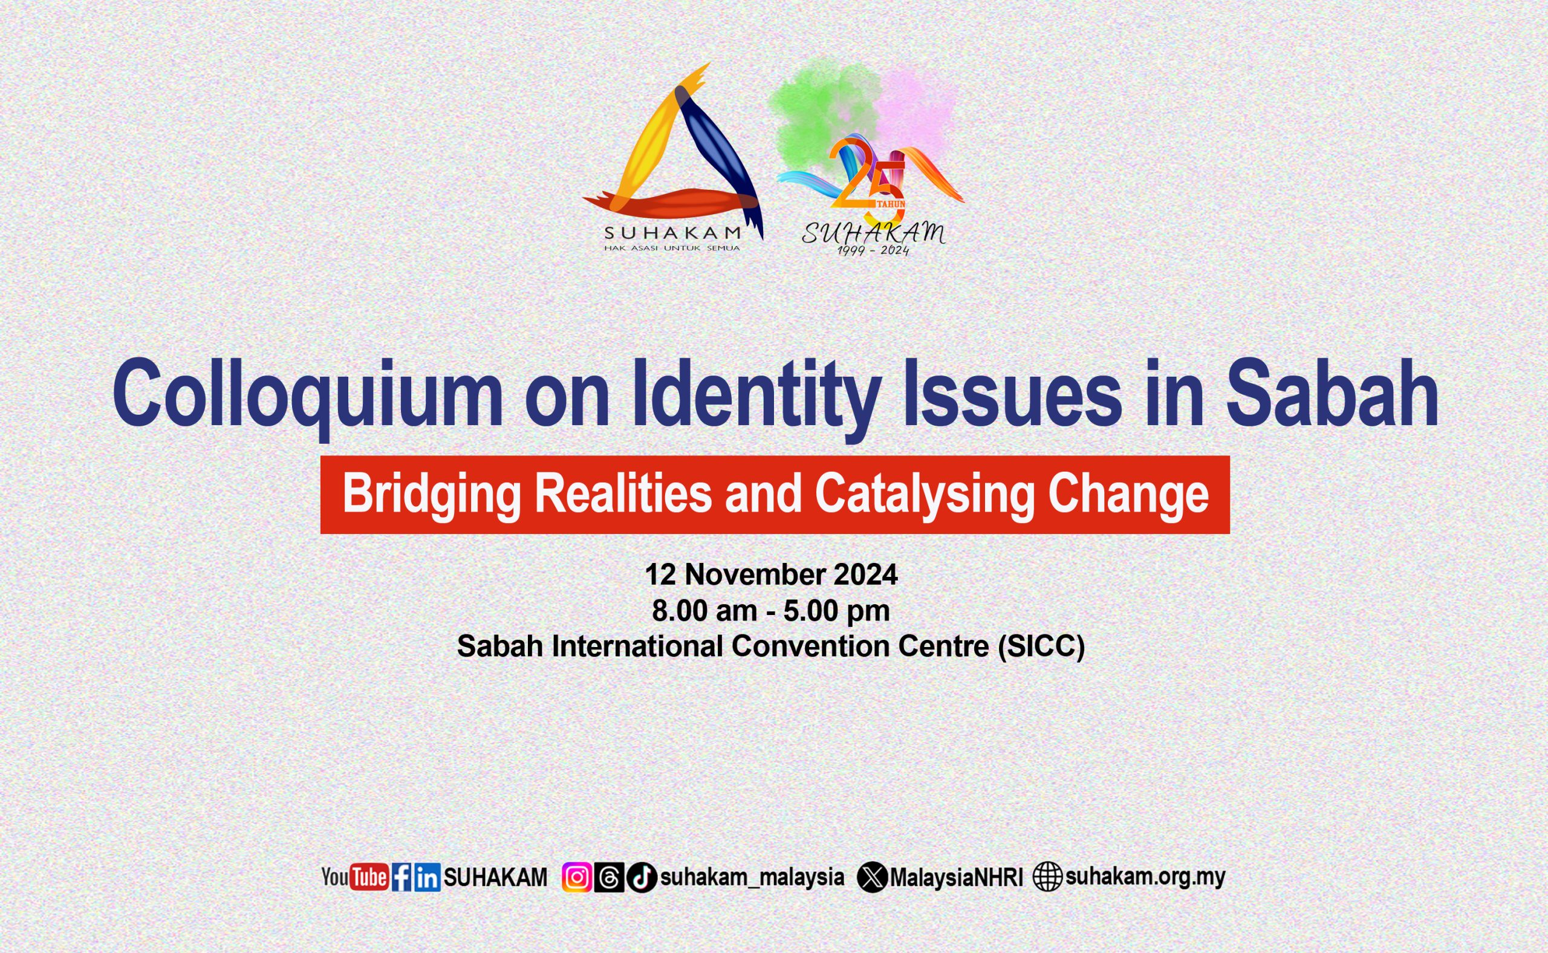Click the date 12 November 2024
[771, 574]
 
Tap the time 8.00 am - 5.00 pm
[771, 610]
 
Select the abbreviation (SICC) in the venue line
[1040, 646]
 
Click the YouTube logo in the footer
[355, 877]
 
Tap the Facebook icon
[402, 877]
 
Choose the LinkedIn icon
[427, 877]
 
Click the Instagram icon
[576, 877]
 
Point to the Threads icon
[609, 877]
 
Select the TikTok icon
[642, 877]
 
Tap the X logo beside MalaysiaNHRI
[873, 877]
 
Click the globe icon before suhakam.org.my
[1047, 877]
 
